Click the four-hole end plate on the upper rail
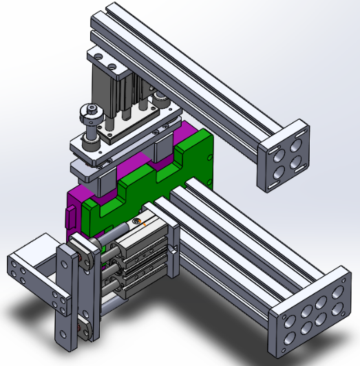point(283,157)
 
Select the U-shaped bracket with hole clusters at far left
point(28,275)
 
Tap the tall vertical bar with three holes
point(67,296)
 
